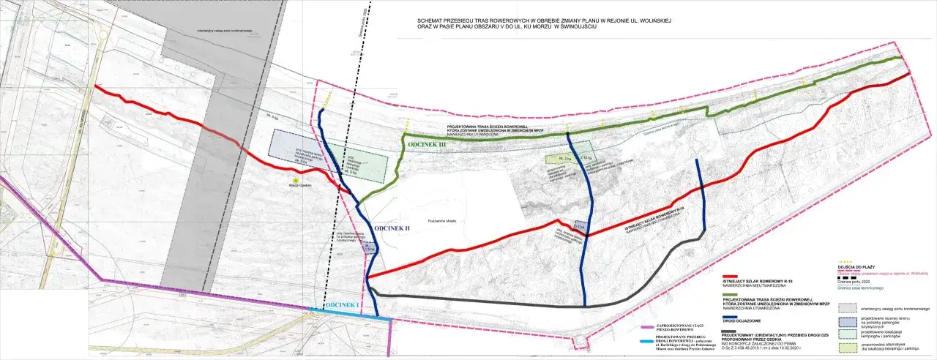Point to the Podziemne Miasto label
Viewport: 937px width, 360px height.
(442, 220)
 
